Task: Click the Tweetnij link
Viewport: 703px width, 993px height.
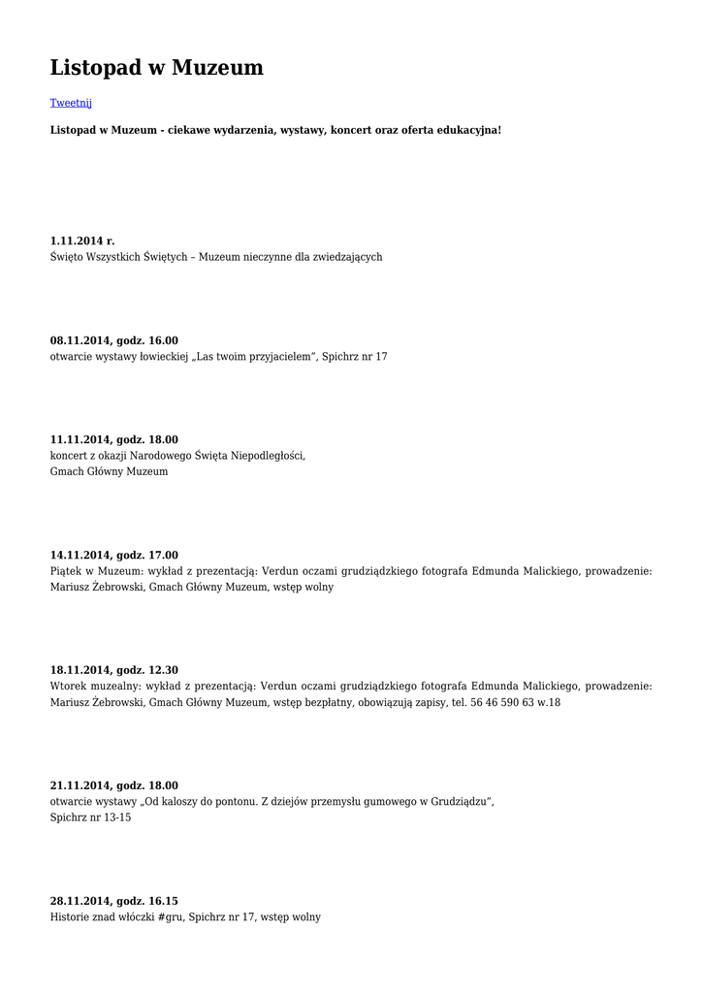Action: [71, 102]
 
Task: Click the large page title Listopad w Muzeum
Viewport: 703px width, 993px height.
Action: [156, 67]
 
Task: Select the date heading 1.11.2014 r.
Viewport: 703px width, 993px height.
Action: [82, 240]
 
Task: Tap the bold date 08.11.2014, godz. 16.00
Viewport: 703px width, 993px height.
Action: [114, 340]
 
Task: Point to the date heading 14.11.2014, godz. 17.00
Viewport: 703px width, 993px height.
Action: [114, 555]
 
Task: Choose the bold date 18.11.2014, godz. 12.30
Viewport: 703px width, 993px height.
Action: [114, 670]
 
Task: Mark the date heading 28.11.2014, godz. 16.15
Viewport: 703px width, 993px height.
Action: [114, 901]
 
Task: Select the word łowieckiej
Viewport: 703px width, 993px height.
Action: [166, 357]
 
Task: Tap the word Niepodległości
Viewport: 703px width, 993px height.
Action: [268, 455]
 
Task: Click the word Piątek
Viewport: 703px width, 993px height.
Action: [67, 572]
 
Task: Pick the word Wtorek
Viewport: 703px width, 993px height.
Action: [69, 687]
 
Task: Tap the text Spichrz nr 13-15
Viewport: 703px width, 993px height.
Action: [90, 817]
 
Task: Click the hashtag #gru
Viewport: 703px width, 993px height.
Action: [170, 917]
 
